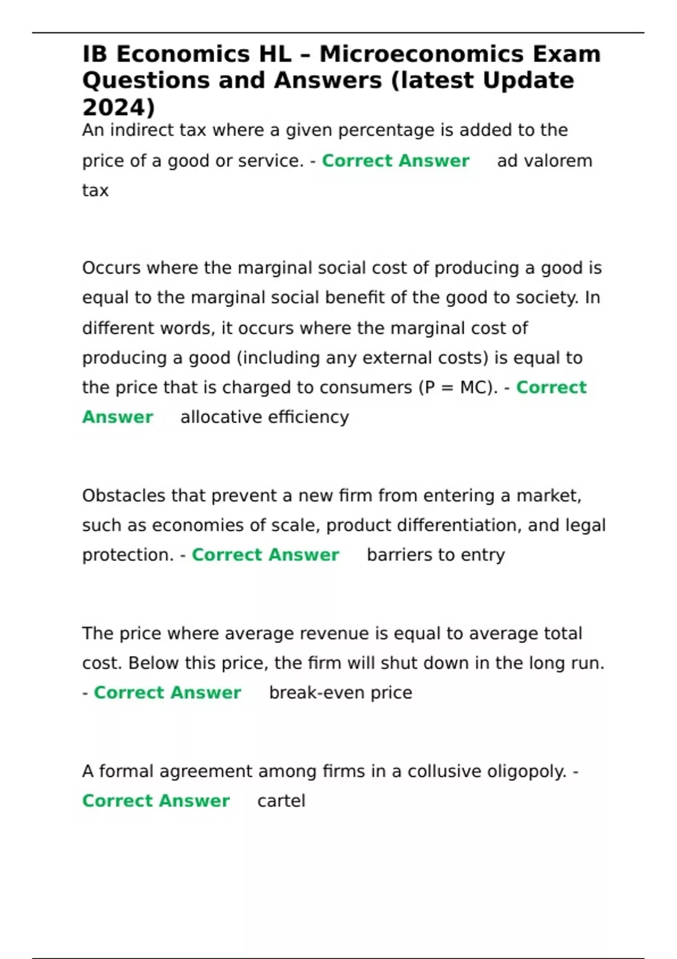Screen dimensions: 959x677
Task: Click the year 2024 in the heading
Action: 115,107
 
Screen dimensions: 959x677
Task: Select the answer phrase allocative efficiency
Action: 265,417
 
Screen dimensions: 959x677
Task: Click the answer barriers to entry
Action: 436,555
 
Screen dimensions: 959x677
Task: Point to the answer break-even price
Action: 340,692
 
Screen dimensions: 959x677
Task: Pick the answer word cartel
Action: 281,800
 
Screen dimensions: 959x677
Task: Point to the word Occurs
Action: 112,267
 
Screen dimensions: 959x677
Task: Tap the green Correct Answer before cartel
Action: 156,800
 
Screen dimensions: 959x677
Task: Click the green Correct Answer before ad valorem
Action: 395,161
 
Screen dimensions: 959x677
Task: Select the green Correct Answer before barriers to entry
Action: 265,555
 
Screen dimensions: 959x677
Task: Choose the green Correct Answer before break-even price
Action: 167,692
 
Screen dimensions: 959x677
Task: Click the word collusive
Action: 452,771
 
